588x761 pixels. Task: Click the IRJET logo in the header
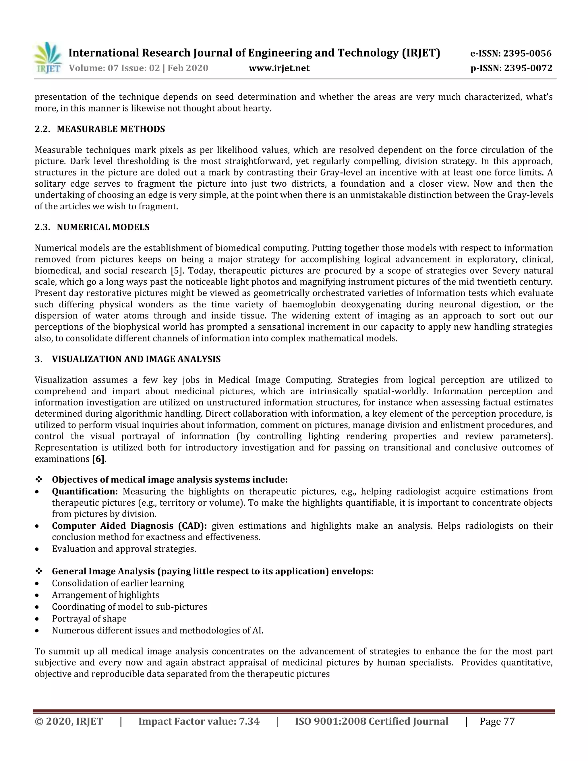48,58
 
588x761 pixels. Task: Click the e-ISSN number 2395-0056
527,53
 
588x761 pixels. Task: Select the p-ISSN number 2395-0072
528,68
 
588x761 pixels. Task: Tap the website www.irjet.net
279,68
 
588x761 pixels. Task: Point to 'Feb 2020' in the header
188,68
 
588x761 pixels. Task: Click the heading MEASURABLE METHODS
111,129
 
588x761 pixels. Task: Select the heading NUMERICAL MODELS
103,227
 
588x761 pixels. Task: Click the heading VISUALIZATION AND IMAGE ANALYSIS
136,359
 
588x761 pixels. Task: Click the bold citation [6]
98,459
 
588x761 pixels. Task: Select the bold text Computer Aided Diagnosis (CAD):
129,526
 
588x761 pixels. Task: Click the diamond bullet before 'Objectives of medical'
39,480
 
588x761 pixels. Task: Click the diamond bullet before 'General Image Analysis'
39,571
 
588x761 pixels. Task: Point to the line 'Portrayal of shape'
89,619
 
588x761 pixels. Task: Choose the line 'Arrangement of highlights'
106,595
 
